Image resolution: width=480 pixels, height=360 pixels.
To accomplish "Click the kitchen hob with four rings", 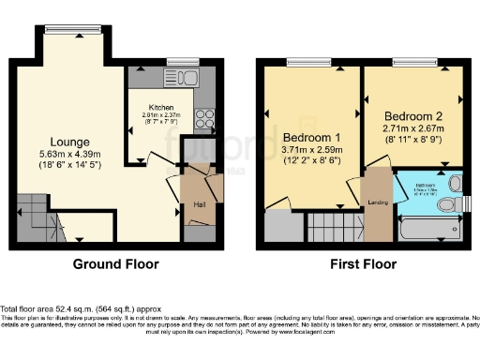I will click(203, 118).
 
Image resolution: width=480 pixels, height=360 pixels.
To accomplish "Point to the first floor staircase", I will click(332, 225).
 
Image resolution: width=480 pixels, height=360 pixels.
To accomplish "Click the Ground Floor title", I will click(115, 264).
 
